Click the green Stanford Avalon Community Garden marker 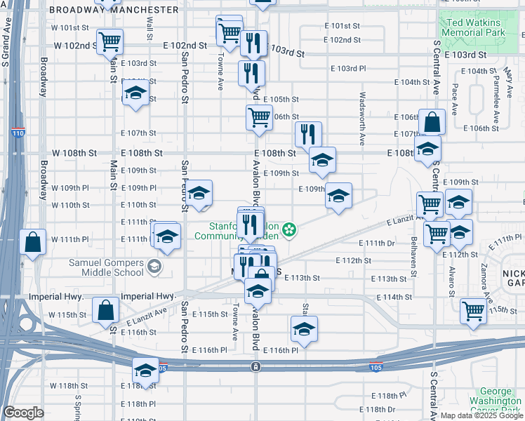pos(288,229)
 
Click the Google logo pos(23,413)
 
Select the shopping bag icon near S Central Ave pos(432,122)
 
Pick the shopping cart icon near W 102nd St pos(110,42)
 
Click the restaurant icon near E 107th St pos(308,133)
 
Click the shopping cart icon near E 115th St pos(474,309)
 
